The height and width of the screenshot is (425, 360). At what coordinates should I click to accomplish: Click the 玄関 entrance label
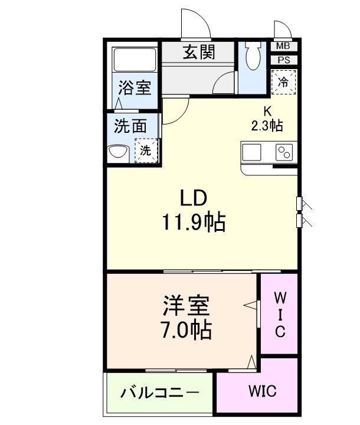point(198,53)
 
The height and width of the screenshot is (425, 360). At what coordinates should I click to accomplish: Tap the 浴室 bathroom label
point(134,89)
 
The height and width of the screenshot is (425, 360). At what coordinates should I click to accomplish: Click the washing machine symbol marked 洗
point(146,149)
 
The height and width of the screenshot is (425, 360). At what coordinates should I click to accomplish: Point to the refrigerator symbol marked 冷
point(284,82)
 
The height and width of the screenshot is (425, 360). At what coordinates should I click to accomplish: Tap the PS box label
point(283,59)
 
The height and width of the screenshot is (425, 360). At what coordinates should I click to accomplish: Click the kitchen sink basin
point(251,152)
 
